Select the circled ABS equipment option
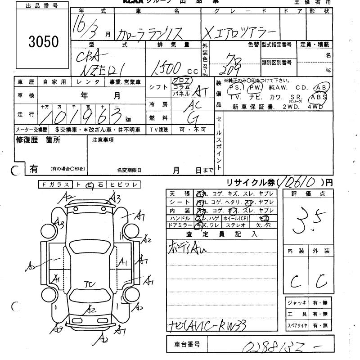point(318,97)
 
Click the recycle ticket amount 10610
point(299,182)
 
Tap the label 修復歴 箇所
point(38,140)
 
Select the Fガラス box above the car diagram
point(56,184)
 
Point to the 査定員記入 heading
point(221,234)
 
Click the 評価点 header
point(309,193)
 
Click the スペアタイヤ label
point(297,325)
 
